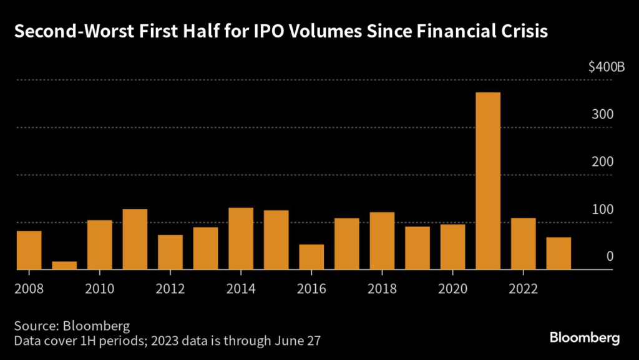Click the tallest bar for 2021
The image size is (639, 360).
click(488, 181)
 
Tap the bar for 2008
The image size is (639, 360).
click(29, 250)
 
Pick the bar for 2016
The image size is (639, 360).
click(311, 257)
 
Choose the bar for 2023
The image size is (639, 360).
click(559, 253)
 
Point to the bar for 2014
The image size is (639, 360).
click(241, 238)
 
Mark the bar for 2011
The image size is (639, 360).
click(135, 239)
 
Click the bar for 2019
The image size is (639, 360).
click(417, 248)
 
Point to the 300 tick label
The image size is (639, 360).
click(605, 115)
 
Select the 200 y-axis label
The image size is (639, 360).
click(605, 162)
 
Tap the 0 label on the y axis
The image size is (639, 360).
click(610, 256)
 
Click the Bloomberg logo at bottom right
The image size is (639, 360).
click(585, 338)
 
